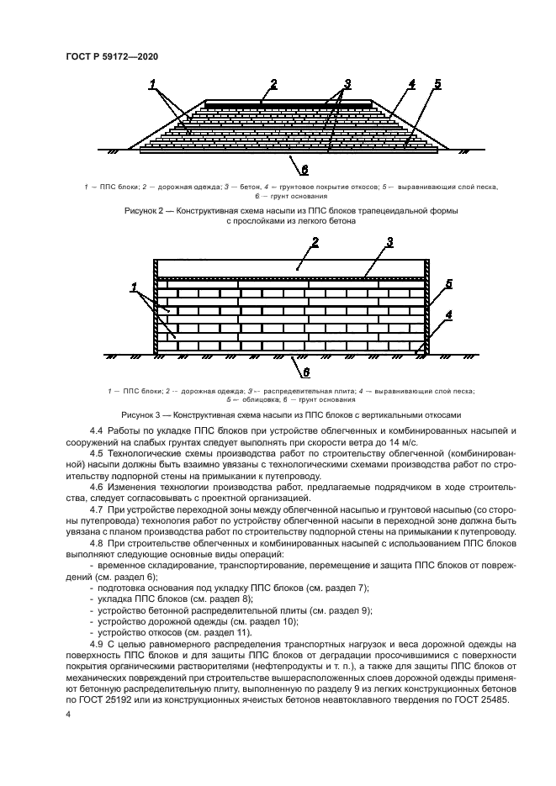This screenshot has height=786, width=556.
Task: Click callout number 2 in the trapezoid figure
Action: coord(273,83)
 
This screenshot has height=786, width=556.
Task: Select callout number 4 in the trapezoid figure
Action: coord(411,84)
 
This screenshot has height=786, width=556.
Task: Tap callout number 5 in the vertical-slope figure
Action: coord(448,284)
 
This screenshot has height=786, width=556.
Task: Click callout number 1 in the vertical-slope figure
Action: coord(134,288)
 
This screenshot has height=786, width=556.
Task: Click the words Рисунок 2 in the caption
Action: coord(144,211)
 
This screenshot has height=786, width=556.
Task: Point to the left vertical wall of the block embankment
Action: coord(156,307)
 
